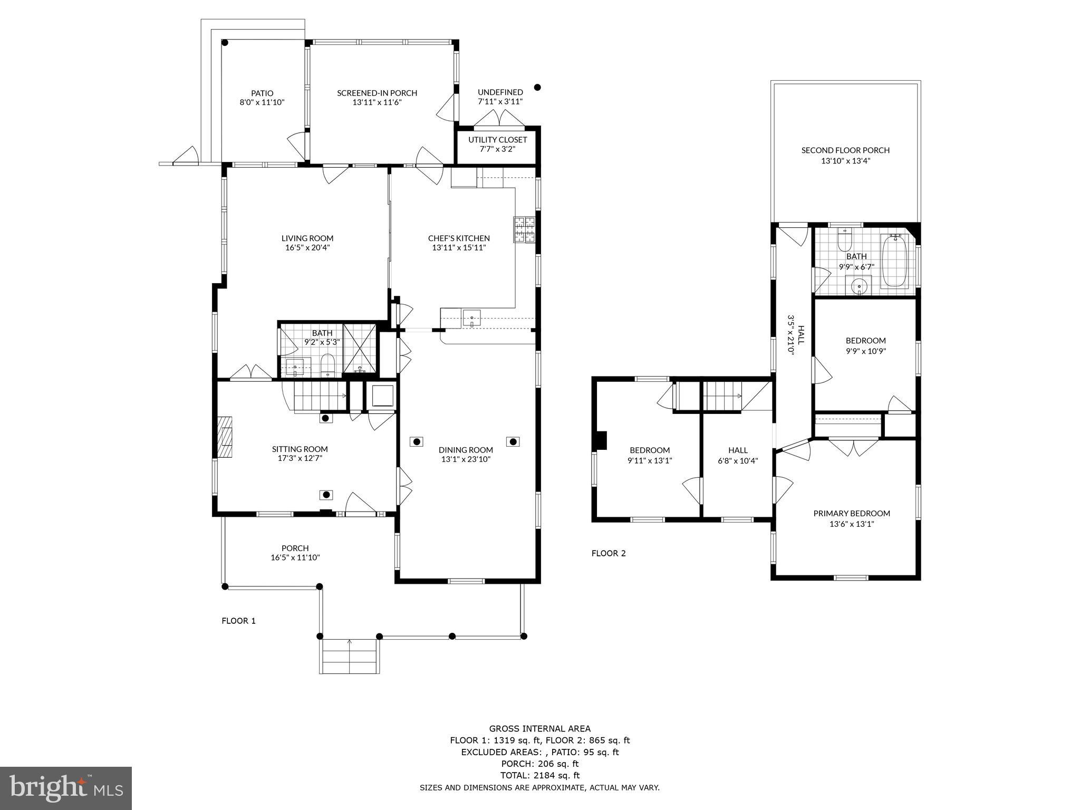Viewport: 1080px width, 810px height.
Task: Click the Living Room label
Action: click(x=307, y=238)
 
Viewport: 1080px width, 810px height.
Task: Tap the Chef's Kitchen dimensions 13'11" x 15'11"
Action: click(x=458, y=247)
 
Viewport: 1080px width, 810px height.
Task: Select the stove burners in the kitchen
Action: click(x=524, y=230)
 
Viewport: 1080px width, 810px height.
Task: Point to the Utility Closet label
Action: click(x=497, y=140)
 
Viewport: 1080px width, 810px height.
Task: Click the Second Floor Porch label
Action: click(x=845, y=150)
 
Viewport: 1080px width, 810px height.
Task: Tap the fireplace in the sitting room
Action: click(x=225, y=437)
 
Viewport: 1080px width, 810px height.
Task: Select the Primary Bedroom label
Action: click(x=851, y=513)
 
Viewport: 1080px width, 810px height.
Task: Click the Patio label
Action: click(x=262, y=93)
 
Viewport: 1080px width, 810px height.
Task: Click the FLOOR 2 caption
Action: click(x=608, y=553)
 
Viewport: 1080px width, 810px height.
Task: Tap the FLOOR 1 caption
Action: click(x=238, y=621)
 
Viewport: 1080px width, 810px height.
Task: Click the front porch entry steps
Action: click(x=349, y=656)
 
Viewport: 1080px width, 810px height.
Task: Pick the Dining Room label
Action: click(x=466, y=450)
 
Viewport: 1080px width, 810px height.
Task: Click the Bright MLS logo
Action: click(x=66, y=788)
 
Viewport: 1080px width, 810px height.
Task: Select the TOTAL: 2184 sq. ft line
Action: click(x=539, y=775)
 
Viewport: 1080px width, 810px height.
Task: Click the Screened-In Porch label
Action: click(x=377, y=93)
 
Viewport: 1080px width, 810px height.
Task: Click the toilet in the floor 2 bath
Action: click(x=845, y=241)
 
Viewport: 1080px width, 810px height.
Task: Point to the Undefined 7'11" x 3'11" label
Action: click(x=500, y=92)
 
